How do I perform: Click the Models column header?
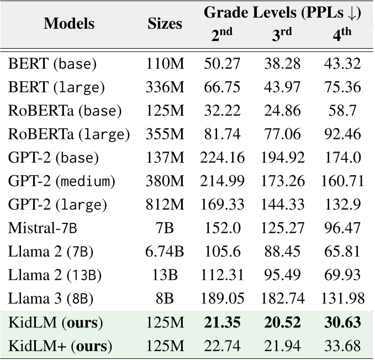[x=69, y=24]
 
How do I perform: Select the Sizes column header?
[x=165, y=24]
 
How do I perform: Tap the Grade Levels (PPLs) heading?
[x=283, y=13]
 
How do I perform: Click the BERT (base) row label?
[x=52, y=64]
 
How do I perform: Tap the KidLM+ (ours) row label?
[x=60, y=347]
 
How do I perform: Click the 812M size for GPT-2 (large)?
[x=165, y=205]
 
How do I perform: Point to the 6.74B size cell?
[x=165, y=252]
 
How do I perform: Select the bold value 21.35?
[x=222, y=323]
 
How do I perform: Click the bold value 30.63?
[x=342, y=323]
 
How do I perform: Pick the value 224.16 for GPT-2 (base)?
[x=222, y=158]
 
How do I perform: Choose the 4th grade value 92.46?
[x=342, y=134]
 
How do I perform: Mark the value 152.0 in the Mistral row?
[x=222, y=228]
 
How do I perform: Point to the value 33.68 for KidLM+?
[x=342, y=347]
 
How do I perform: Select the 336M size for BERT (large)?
[x=165, y=87]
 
